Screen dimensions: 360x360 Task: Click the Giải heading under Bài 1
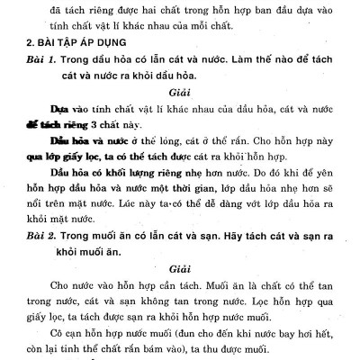pyautogui.click(x=181, y=91)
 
